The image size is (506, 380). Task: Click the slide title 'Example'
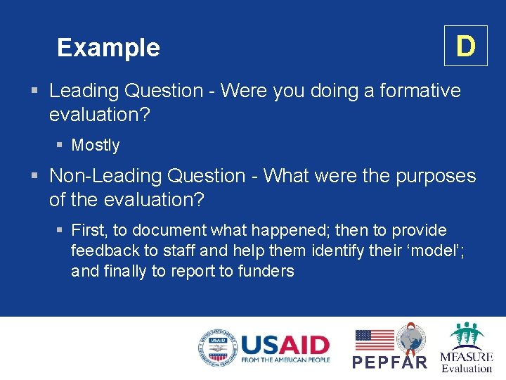pos(108,48)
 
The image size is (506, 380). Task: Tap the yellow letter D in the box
pos(465,46)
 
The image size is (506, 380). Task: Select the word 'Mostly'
pos(96,146)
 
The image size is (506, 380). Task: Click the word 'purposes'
pos(436,176)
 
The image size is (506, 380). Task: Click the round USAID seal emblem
pos(217,348)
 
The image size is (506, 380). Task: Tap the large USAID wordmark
pos(285,344)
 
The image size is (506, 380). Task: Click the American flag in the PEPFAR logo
pos(374,340)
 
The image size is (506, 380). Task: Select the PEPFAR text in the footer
pos(389,362)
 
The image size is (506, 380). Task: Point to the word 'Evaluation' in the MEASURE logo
pos(467,368)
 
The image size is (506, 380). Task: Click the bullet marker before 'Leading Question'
pos(34,91)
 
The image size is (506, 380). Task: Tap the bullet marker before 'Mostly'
pos(60,146)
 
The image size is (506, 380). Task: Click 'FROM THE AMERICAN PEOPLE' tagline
pos(285,360)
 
